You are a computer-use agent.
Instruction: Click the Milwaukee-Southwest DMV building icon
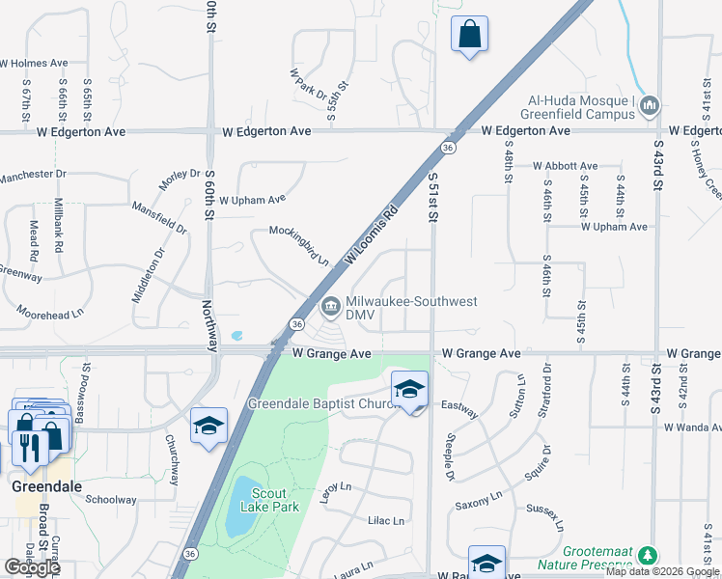tap(330, 307)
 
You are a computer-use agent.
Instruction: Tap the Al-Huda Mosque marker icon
tap(649, 104)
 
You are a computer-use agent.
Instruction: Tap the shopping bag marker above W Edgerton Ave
tap(469, 34)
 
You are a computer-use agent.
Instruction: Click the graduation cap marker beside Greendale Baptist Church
tap(410, 390)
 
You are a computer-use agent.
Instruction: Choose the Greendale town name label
tap(39, 486)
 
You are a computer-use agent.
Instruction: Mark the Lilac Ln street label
tap(386, 521)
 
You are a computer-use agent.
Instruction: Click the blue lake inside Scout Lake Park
tap(240, 506)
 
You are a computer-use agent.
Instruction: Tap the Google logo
tap(32, 567)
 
